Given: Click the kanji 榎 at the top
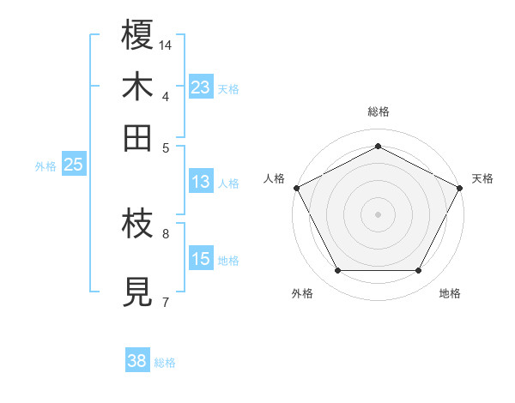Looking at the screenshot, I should click(137, 36).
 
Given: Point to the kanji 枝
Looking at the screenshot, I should click(137, 225).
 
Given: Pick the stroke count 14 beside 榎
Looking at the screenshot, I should click(167, 45).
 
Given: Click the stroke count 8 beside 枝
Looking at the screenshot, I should click(166, 232).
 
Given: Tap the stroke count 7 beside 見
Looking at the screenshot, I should click(166, 301).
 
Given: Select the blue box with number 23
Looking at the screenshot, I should click(200, 87).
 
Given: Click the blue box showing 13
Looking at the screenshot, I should click(200, 182).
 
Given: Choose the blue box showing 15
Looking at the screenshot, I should click(200, 259).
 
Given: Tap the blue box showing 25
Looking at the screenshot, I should click(73, 165).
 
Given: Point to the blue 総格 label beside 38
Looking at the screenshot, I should click(165, 363).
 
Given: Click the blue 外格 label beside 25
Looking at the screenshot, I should click(45, 166).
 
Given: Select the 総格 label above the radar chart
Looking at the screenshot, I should click(378, 111).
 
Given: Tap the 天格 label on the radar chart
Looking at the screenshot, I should click(482, 178).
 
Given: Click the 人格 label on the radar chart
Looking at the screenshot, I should click(274, 178).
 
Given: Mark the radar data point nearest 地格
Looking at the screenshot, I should click(418, 271).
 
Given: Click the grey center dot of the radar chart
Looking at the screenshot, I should click(378, 214).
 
